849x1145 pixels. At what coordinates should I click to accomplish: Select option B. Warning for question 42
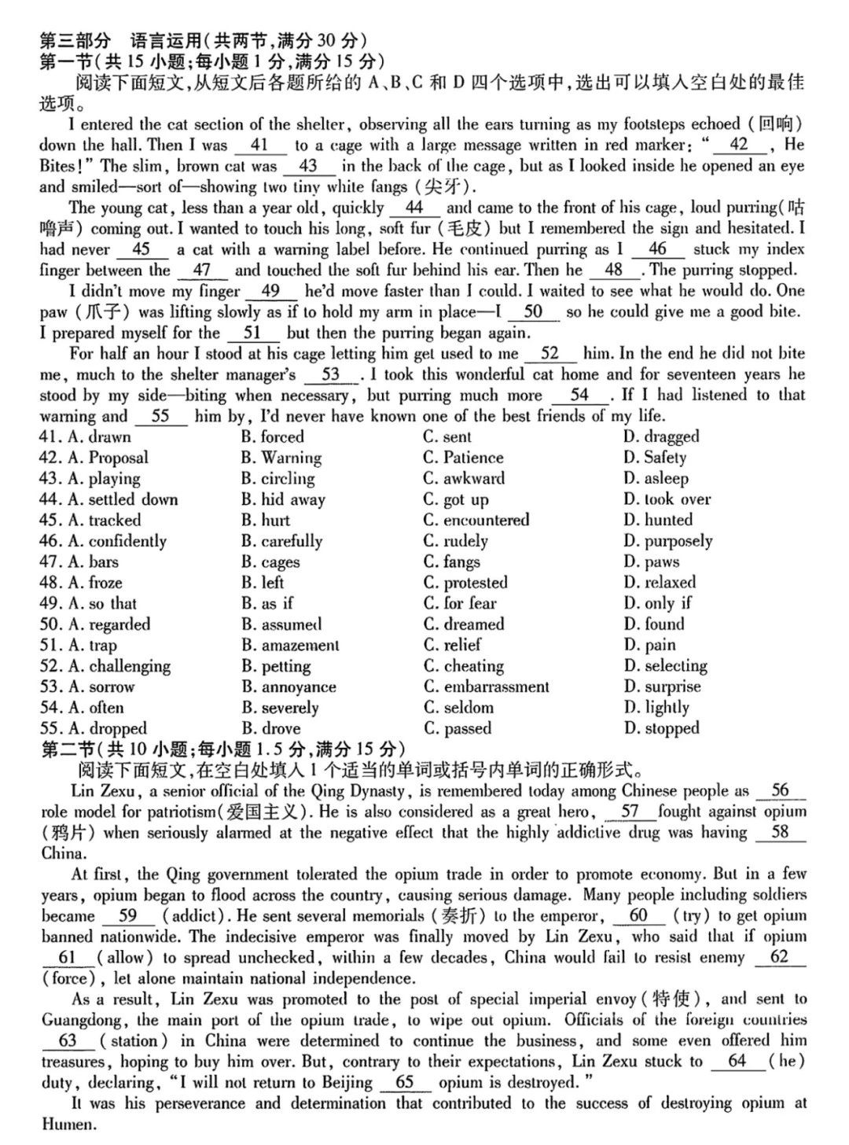[281, 458]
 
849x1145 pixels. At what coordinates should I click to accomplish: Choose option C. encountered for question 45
[476, 521]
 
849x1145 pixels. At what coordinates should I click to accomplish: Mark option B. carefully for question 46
[281, 542]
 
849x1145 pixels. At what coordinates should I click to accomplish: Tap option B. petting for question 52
[275, 667]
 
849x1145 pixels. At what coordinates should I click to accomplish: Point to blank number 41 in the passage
[259, 145]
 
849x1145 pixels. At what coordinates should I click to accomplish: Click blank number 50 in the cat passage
[533, 312]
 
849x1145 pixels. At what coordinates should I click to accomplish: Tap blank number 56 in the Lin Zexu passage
[779, 791]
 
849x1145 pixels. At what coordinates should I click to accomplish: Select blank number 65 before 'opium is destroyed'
[405, 1083]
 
